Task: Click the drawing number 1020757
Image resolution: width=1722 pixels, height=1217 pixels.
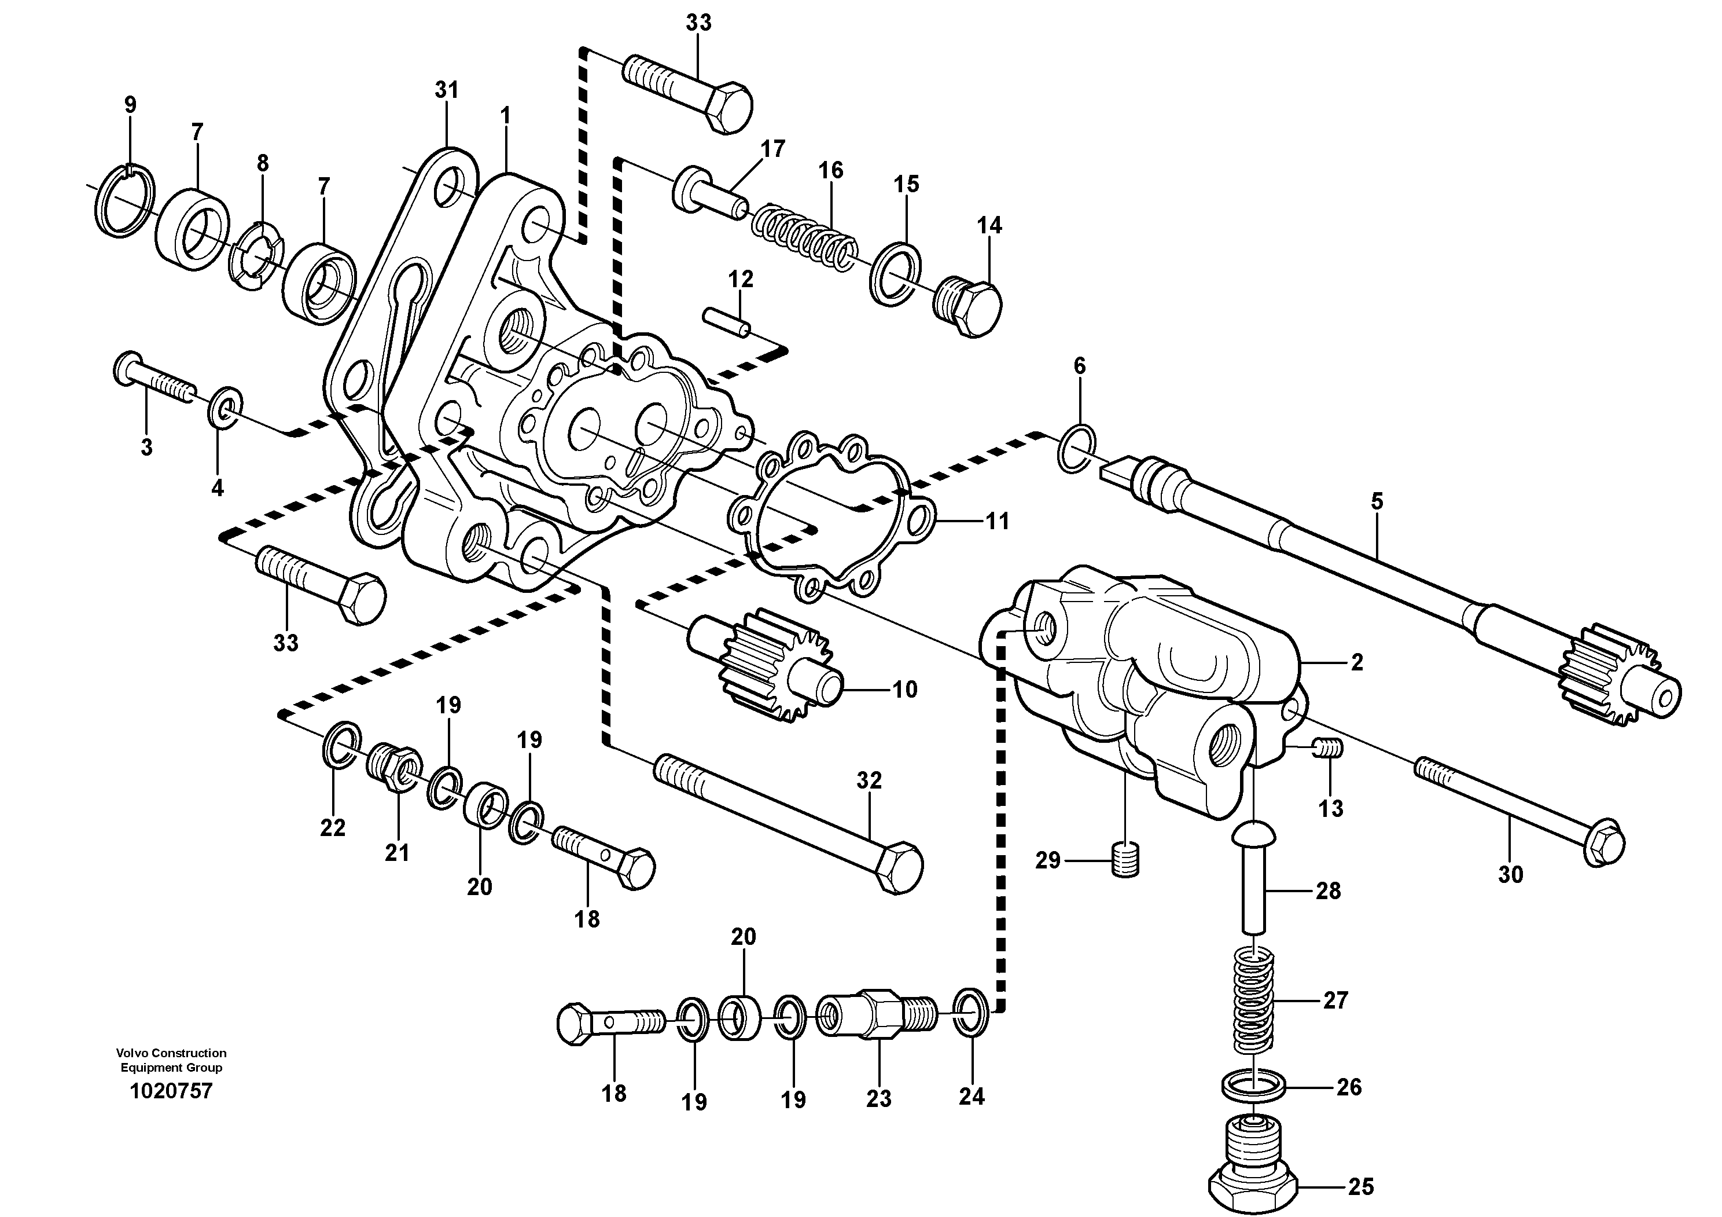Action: click(171, 1090)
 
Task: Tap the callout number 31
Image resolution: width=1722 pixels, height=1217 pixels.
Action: click(446, 90)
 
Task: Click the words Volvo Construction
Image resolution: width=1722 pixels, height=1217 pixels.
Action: click(171, 1053)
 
